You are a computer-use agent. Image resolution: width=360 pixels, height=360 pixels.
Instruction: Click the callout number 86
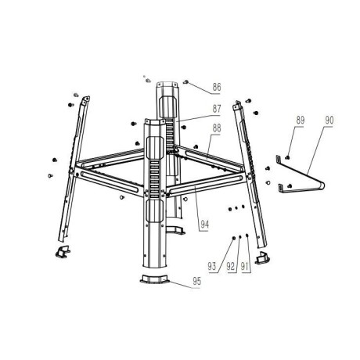(x=217, y=87)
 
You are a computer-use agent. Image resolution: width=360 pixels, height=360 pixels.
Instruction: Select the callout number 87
(x=217, y=109)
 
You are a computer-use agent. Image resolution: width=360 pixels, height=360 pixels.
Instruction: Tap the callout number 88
(x=217, y=128)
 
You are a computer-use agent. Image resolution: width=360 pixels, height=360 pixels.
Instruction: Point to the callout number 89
(x=301, y=121)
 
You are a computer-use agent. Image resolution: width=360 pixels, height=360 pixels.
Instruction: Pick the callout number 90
(x=329, y=121)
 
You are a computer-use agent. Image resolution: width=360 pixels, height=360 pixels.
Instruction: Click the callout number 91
(x=244, y=266)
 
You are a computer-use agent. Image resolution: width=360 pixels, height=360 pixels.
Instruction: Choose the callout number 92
(x=231, y=266)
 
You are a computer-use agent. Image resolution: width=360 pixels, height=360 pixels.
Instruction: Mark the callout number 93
(x=212, y=266)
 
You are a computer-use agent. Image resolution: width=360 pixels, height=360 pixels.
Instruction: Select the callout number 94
(x=205, y=224)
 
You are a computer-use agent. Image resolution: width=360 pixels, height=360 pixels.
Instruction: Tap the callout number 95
(x=197, y=281)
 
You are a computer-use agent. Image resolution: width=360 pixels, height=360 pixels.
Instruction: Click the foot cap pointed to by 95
(x=154, y=279)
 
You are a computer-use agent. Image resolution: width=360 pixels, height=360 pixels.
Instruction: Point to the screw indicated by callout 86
(x=186, y=82)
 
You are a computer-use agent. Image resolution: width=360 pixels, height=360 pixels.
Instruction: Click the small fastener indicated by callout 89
(x=287, y=157)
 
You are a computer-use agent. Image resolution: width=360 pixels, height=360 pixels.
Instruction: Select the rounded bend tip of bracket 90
(x=322, y=185)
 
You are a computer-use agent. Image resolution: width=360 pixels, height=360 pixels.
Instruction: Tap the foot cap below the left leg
(x=63, y=251)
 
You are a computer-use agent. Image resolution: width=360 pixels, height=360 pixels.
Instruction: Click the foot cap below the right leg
(x=262, y=257)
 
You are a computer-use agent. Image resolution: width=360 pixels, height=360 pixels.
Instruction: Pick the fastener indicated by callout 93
(x=234, y=238)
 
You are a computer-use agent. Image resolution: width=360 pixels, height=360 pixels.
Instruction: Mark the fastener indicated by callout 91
(x=247, y=236)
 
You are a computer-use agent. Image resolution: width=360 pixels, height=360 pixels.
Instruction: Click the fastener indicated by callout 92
(x=240, y=236)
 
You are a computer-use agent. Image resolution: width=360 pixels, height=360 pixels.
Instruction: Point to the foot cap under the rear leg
(x=175, y=229)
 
